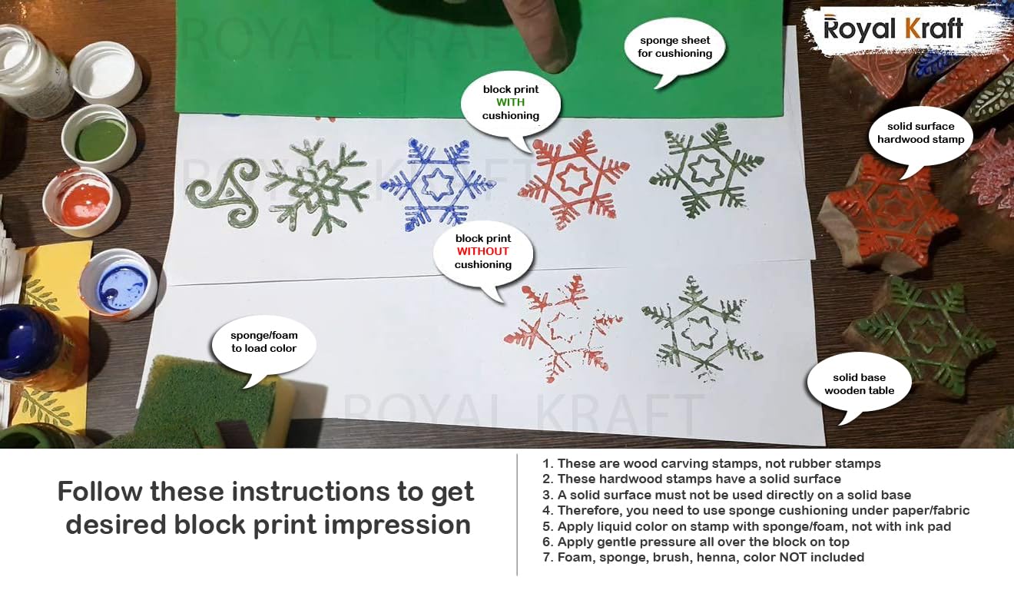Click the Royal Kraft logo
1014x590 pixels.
click(893, 28)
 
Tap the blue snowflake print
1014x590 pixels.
click(438, 184)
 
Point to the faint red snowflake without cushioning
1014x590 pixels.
click(564, 328)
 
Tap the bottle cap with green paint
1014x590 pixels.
click(98, 138)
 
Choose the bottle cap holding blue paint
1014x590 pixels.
click(118, 283)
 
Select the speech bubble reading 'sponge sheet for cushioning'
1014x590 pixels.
click(674, 50)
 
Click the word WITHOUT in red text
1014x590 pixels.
click(482, 251)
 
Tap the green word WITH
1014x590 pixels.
click(510, 102)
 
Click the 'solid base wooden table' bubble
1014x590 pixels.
click(859, 384)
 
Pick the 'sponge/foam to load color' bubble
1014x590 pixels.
click(264, 343)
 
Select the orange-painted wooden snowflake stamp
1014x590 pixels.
click(888, 213)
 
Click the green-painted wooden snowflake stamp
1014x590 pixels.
click(919, 336)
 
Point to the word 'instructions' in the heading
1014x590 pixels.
click(310, 492)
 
